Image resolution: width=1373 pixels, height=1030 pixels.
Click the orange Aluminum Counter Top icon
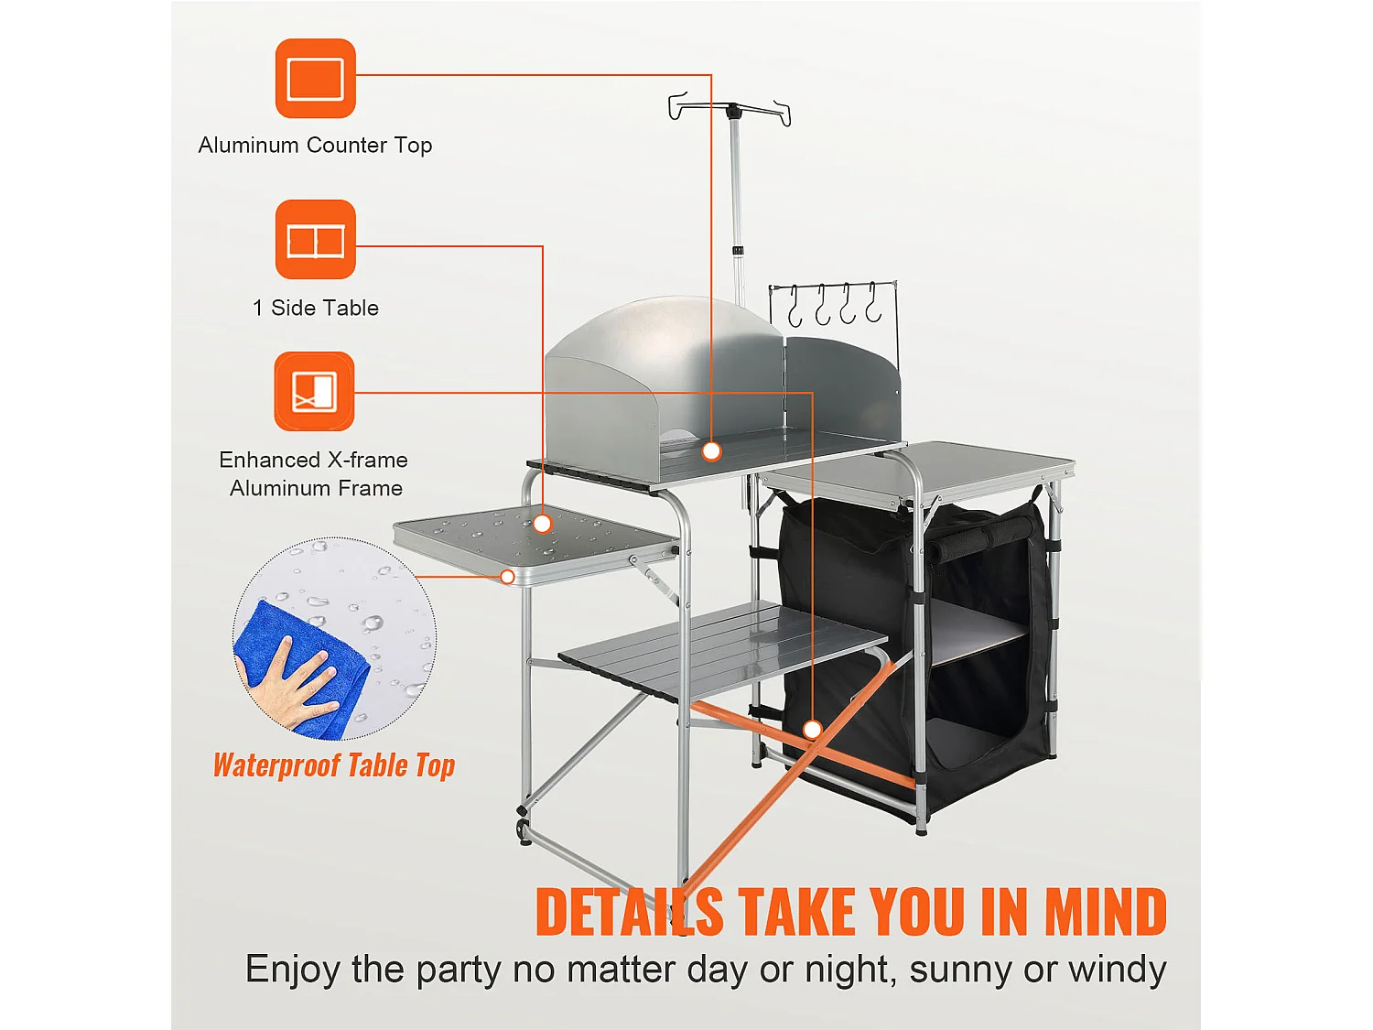click(315, 79)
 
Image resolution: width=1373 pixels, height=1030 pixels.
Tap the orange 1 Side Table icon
click(315, 240)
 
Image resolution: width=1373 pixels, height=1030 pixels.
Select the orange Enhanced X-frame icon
click(314, 391)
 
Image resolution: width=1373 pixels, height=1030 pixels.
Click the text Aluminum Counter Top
click(315, 146)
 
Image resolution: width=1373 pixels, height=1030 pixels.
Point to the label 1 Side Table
click(316, 309)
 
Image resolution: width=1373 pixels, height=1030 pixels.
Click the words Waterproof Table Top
click(334, 765)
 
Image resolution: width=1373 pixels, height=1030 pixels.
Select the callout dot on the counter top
click(711, 450)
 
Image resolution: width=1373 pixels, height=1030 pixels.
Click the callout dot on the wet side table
click(542, 524)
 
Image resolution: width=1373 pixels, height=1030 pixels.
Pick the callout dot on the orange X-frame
click(812, 730)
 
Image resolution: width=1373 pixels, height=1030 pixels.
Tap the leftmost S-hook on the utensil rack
click(795, 307)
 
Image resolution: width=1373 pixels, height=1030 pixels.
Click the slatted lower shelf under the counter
click(723, 650)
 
